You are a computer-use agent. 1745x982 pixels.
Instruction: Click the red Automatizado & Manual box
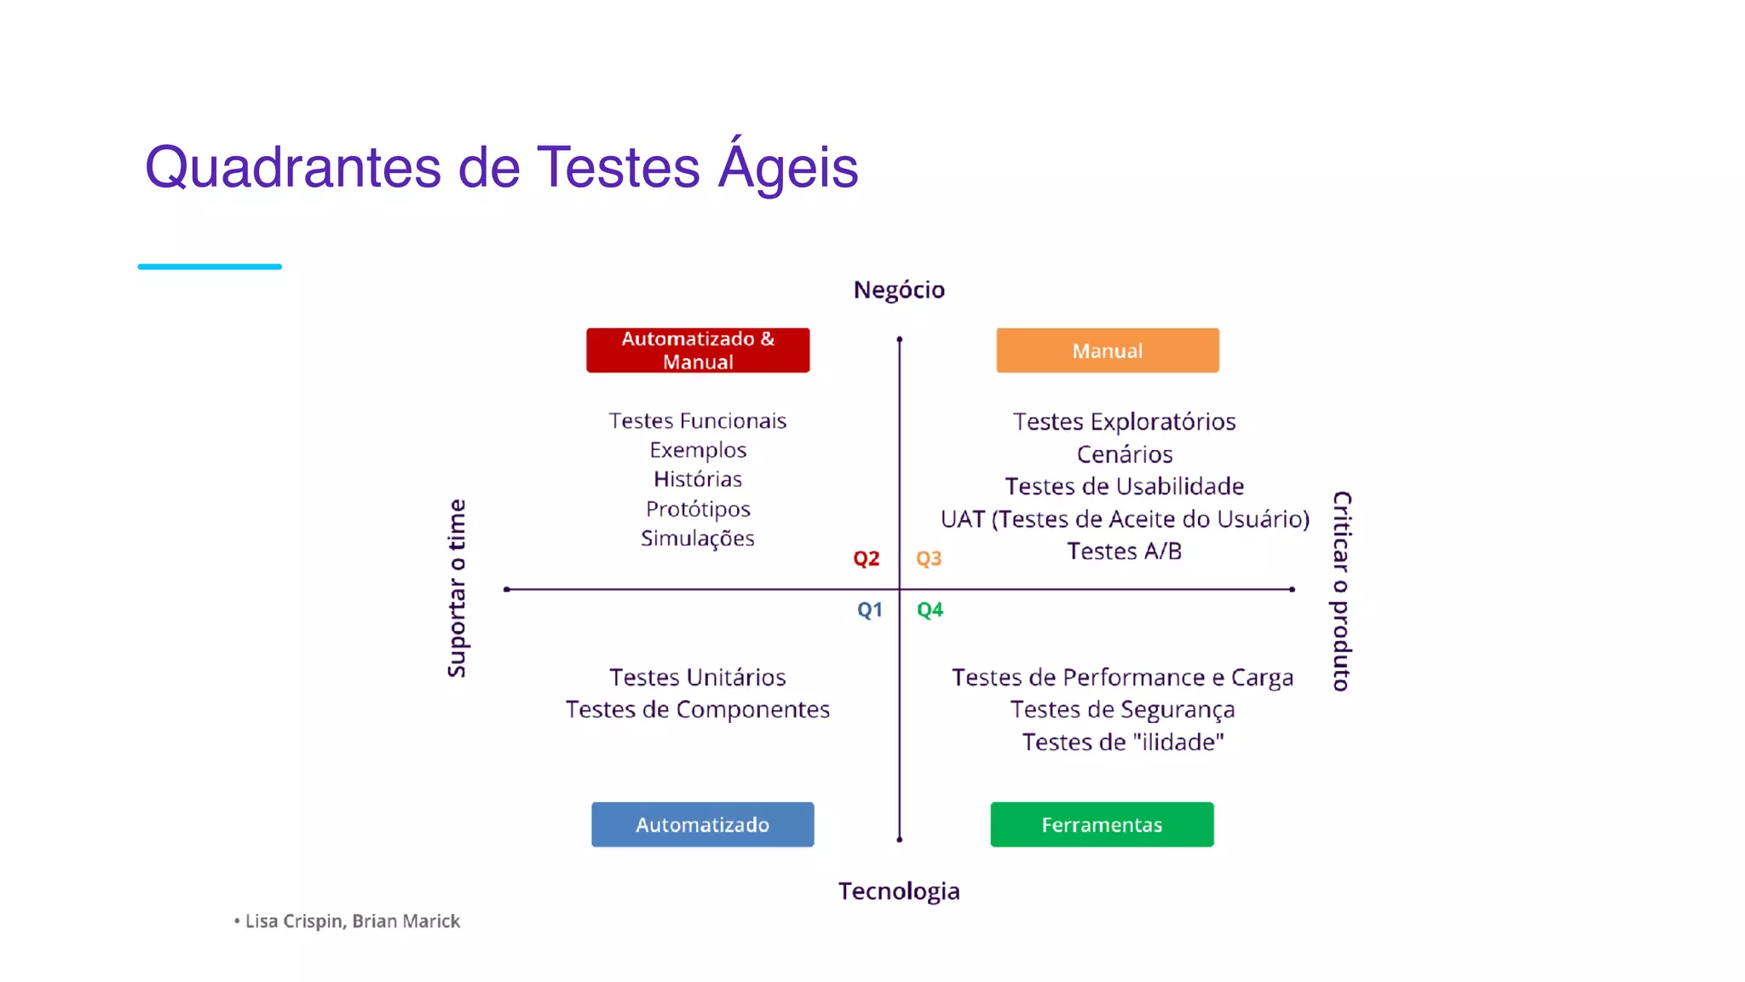click(x=697, y=350)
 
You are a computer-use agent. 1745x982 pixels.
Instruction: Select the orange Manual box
click(x=1107, y=350)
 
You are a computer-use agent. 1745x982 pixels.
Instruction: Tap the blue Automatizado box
click(x=702, y=824)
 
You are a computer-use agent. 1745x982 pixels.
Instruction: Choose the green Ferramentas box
click(x=1101, y=824)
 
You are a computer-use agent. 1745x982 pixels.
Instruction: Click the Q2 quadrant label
click(x=866, y=558)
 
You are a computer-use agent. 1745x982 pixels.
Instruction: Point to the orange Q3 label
click(x=928, y=558)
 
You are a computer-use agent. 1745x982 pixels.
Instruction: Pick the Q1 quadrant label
click(x=869, y=609)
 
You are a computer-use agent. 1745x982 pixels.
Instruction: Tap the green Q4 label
click(x=930, y=609)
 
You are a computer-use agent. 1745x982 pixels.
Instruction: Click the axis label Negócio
click(x=899, y=290)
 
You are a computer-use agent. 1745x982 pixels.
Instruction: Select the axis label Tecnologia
click(x=899, y=891)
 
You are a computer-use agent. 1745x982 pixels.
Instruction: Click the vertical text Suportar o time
click(x=458, y=588)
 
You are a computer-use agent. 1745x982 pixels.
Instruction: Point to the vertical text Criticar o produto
click(x=1341, y=591)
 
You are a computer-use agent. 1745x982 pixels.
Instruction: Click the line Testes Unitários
click(x=697, y=677)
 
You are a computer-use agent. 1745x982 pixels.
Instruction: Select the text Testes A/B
click(x=1124, y=552)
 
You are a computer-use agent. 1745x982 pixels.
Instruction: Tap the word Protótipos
click(x=697, y=509)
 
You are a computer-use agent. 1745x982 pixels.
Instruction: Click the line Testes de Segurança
click(x=1122, y=709)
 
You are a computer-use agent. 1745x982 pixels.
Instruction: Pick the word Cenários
click(x=1124, y=454)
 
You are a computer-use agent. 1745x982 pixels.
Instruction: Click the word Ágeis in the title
click(x=787, y=167)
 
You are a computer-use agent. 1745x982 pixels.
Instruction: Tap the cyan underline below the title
click(x=210, y=267)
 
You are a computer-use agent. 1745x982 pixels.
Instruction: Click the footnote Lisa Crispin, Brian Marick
click(x=352, y=921)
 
